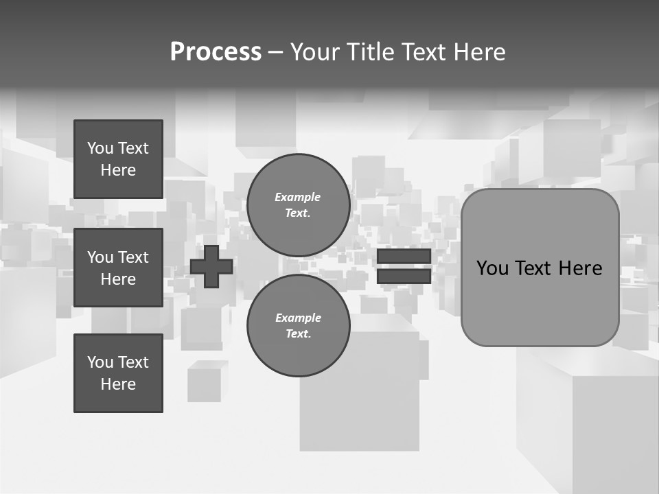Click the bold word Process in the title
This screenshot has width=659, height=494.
coord(216,51)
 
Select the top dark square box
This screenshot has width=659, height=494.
coord(118,159)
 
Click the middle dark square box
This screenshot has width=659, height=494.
coord(118,268)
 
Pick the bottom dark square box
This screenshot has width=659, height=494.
coord(118,373)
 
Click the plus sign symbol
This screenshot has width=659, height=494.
coord(211,266)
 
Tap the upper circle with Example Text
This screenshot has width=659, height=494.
coord(298,205)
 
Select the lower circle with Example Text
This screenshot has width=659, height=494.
coord(298,325)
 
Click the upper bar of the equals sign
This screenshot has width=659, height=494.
coord(404,256)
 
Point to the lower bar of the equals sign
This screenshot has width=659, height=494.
coord(404,276)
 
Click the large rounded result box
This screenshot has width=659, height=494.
coord(540,302)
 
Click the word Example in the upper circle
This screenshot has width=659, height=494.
coord(297,197)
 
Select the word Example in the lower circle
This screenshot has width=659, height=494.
coord(298,318)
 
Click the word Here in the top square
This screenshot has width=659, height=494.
coord(118,170)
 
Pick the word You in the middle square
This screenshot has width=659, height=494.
coord(99,257)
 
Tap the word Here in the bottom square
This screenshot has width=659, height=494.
coord(118,384)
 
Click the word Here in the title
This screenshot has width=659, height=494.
coord(480,52)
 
